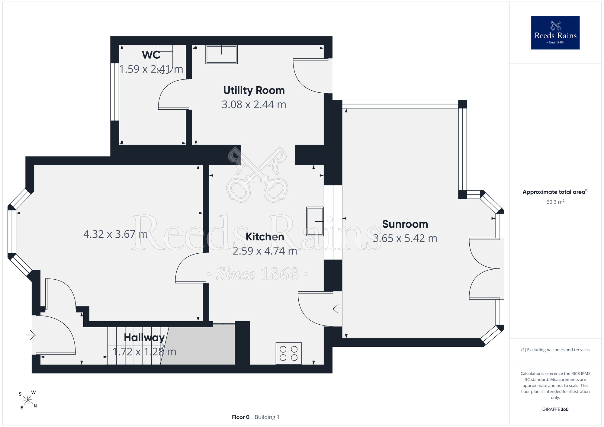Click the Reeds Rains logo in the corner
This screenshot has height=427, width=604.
(555, 32)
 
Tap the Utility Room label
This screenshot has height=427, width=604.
(254, 90)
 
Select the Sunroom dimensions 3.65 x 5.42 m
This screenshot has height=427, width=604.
(405, 238)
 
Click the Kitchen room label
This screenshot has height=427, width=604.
(265, 237)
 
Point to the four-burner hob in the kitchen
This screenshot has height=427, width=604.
(288, 353)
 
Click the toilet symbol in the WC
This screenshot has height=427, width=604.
(165, 59)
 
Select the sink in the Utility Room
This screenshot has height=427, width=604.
(221, 54)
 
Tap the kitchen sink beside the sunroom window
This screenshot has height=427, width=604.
(315, 221)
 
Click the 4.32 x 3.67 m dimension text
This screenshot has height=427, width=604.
(115, 234)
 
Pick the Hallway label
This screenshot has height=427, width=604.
(144, 337)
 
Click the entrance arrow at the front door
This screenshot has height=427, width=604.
(31, 335)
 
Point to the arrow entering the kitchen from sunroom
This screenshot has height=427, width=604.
(337, 309)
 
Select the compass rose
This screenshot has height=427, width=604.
(28, 400)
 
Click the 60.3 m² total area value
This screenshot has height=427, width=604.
(555, 202)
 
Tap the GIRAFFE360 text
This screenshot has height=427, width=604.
(555, 409)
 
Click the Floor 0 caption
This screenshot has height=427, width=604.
(241, 417)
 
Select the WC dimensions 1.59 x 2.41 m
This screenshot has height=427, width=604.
(151, 69)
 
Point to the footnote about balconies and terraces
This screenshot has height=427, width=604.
(555, 350)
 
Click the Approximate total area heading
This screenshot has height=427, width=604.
(555, 192)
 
